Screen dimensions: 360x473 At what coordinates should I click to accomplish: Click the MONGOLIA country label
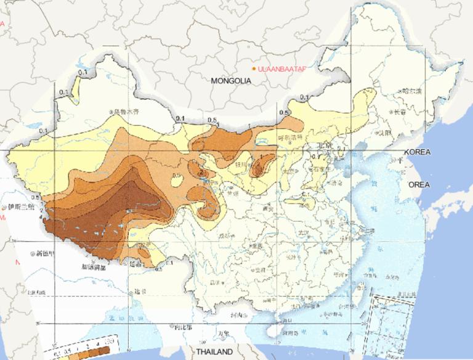click(231, 81)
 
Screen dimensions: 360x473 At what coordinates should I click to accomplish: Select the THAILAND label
click(215, 351)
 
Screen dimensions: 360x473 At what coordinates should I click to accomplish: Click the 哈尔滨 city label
click(412, 91)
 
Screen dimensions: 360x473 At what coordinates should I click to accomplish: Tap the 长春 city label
click(400, 112)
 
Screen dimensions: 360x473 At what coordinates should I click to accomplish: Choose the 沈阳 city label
click(386, 132)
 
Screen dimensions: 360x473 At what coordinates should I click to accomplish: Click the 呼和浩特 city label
click(291, 138)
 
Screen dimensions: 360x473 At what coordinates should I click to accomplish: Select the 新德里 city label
click(46, 253)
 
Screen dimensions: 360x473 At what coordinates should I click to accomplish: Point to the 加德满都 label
click(95, 268)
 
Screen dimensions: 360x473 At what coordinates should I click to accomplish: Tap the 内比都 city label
click(184, 327)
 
